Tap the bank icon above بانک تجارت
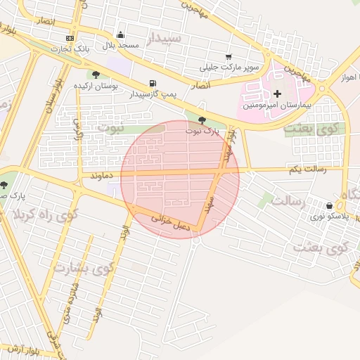70,38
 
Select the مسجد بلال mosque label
122,46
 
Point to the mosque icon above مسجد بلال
121,35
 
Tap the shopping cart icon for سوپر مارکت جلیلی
228,56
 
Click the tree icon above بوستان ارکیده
96,75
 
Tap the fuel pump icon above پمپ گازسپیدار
153,83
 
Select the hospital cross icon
277,93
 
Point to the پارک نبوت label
202,131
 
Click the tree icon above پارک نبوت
202,120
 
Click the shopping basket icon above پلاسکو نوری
329,205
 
